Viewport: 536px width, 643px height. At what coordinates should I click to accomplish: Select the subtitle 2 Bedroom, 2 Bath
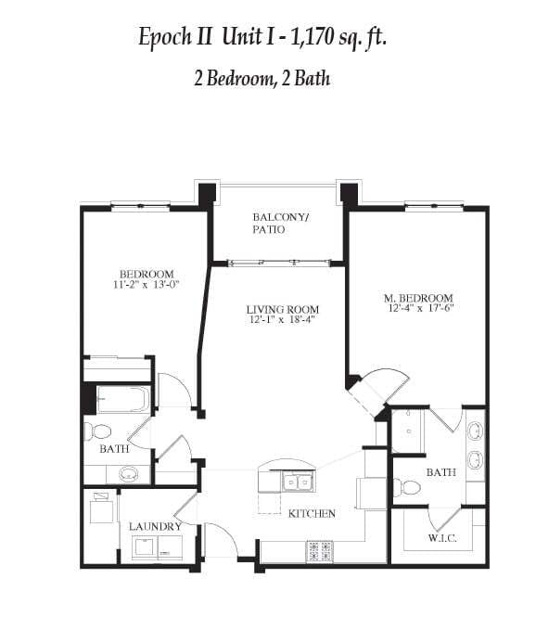[262, 79]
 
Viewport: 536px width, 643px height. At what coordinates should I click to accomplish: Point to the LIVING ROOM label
[282, 309]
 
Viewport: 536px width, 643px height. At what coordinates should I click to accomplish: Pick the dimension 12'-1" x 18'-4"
[282, 321]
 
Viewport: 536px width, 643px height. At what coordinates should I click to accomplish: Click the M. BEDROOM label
[418, 298]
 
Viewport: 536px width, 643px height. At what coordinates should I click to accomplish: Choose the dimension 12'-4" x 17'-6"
[418, 310]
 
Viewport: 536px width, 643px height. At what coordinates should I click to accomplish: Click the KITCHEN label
[312, 513]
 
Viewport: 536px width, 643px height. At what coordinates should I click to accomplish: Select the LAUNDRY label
[155, 527]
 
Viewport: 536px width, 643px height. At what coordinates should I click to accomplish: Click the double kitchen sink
[297, 482]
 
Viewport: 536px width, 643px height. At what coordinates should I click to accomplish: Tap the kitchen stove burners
[320, 552]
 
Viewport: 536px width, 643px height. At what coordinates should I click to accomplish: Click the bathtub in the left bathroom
[122, 399]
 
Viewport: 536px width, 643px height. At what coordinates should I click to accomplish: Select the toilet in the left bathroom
[97, 431]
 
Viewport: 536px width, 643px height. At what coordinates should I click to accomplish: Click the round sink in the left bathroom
[128, 474]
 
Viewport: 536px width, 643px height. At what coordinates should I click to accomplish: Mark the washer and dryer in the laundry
[158, 548]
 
